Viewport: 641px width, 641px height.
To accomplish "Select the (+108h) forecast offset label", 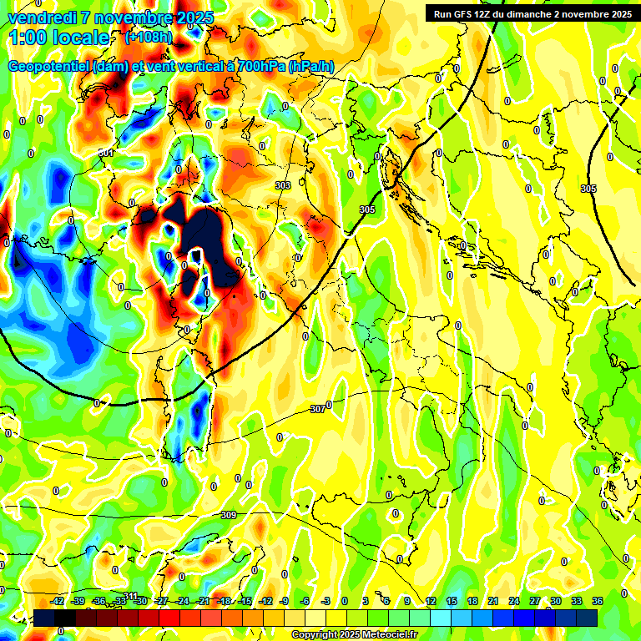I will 148,37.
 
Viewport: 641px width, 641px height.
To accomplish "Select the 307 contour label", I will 317,409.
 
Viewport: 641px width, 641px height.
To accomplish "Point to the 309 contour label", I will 228,515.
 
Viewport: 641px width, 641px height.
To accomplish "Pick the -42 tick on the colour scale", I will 58,601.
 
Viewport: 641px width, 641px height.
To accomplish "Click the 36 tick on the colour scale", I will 598,601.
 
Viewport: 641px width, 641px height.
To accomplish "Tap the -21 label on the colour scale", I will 204,601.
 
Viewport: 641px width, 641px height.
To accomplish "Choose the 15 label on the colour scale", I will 451,601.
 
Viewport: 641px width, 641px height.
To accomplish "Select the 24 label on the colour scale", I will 514,601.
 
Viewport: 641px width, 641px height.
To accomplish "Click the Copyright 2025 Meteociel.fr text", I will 353,634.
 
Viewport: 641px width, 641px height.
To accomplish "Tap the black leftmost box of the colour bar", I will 44,618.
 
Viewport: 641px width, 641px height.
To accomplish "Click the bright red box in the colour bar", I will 169,618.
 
